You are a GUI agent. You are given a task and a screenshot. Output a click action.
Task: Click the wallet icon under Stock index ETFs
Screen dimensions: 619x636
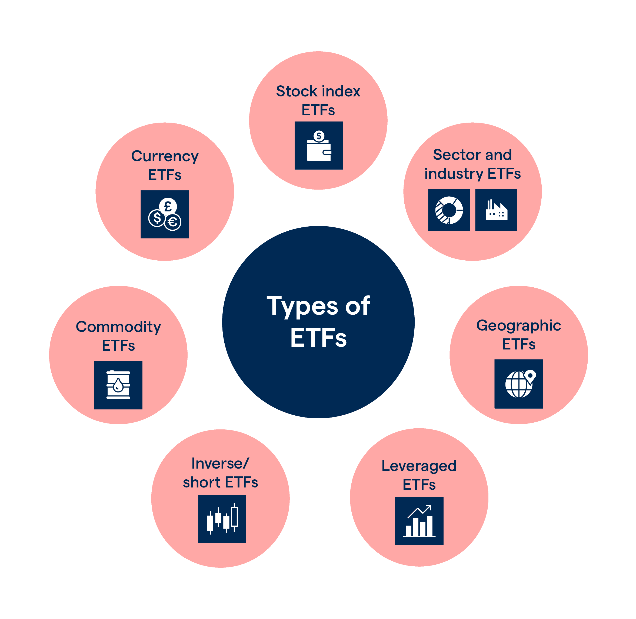pyautogui.click(x=318, y=150)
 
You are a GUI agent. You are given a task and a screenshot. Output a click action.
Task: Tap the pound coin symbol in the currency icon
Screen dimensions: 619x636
pyautogui.click(x=168, y=206)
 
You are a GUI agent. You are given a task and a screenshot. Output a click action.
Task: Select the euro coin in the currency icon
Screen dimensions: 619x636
pyautogui.click(x=172, y=222)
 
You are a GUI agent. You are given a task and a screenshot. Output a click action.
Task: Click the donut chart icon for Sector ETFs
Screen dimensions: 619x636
pyautogui.click(x=449, y=210)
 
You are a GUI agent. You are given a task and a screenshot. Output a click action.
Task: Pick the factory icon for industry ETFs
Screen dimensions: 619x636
pyautogui.click(x=496, y=210)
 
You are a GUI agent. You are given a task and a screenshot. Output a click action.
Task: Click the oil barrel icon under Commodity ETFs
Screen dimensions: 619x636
pyautogui.click(x=118, y=385)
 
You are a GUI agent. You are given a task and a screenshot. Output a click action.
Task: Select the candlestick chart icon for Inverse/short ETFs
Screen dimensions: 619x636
pyautogui.click(x=222, y=519)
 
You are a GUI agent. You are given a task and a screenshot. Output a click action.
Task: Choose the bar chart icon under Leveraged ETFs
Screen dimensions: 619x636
pyautogui.click(x=419, y=521)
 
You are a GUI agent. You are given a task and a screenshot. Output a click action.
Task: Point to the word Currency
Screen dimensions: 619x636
pyautogui.click(x=165, y=156)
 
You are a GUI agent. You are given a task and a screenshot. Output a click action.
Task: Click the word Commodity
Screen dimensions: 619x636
pyautogui.click(x=118, y=327)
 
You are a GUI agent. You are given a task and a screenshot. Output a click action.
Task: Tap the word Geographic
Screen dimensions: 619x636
pyautogui.click(x=519, y=326)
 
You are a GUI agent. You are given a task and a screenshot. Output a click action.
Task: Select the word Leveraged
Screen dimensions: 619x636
pyautogui.click(x=419, y=466)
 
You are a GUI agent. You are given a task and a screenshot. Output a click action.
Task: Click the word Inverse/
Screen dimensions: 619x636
pyautogui.click(x=220, y=463)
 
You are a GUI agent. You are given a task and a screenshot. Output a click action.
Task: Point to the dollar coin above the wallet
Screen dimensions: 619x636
pyautogui.click(x=319, y=136)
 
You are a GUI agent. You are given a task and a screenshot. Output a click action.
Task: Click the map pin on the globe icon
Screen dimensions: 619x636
pyautogui.click(x=530, y=376)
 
